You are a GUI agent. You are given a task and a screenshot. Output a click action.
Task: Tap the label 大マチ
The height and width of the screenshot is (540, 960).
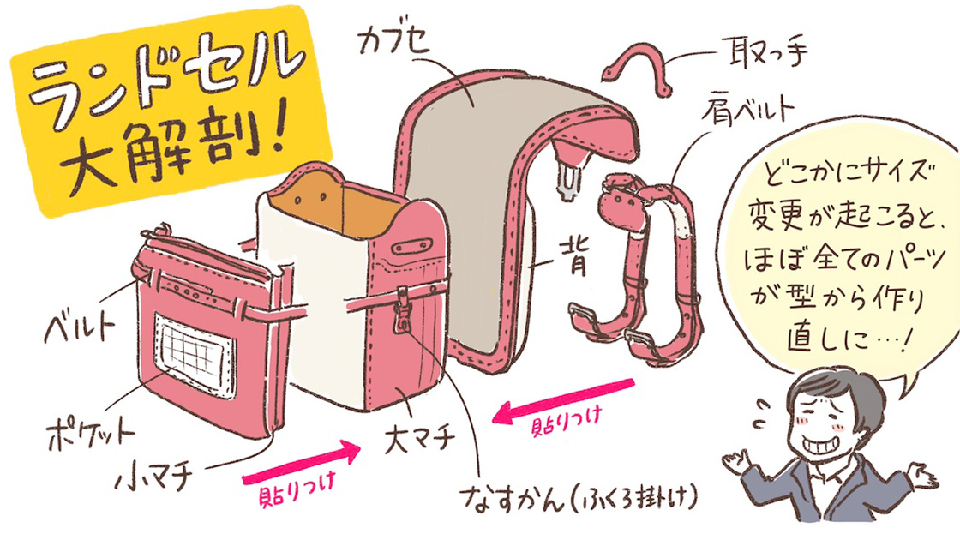point(421,442)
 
